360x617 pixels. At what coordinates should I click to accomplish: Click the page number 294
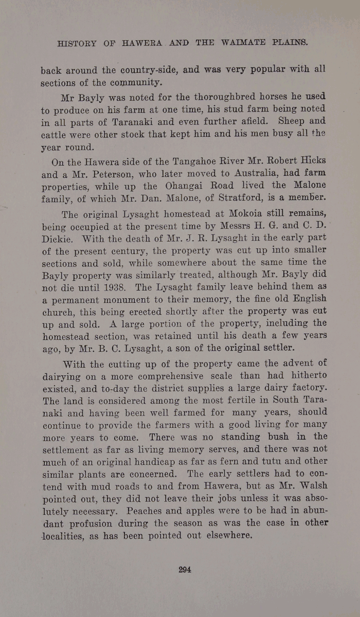click(185, 569)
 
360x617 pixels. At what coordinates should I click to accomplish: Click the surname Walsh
click(309, 486)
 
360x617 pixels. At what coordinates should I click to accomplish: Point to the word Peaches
click(163, 511)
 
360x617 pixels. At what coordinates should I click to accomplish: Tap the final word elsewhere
click(227, 536)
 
